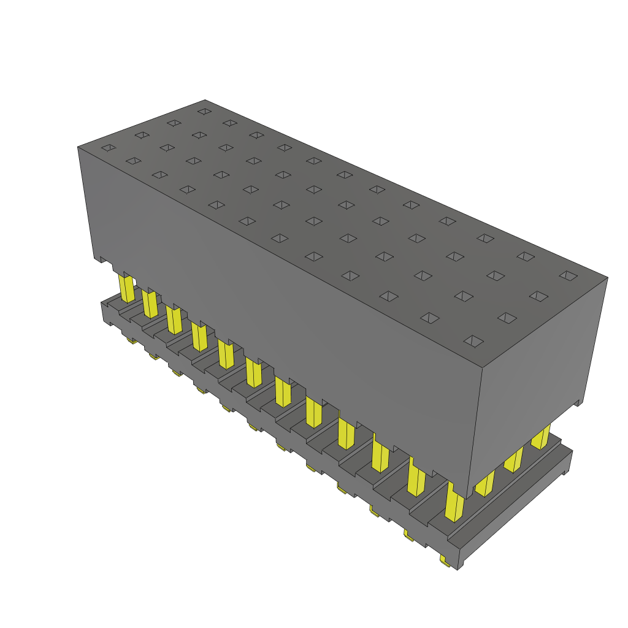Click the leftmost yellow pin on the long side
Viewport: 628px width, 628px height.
tap(126, 288)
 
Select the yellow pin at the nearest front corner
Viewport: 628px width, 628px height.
tap(454, 503)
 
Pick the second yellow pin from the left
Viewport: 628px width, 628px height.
tap(150, 304)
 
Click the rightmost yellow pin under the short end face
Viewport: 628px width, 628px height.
tap(541, 437)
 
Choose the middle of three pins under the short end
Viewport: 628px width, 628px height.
tap(513, 459)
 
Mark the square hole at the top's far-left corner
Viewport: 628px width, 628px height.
tap(109, 148)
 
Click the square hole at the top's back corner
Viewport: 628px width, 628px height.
tap(204, 112)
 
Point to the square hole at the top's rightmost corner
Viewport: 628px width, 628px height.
tap(569, 275)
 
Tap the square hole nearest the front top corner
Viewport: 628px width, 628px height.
tap(473, 341)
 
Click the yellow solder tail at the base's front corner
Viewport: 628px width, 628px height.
tap(445, 560)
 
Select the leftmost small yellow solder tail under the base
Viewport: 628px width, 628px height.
tap(131, 340)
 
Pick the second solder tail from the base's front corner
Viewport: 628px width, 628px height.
tap(408, 535)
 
